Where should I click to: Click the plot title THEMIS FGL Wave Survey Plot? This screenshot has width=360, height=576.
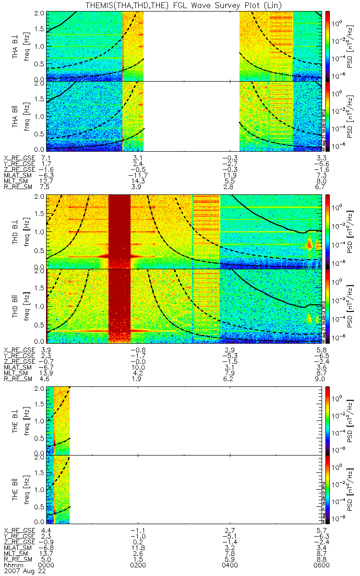[180, 5]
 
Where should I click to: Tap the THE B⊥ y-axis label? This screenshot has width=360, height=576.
[15, 420]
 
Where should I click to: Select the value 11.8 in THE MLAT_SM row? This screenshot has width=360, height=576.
[138, 547]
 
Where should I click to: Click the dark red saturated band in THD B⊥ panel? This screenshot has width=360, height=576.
[120, 230]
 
